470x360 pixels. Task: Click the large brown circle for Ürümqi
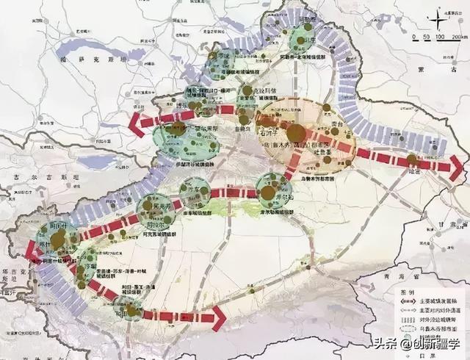295,133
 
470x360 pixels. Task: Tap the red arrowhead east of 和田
217,317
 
